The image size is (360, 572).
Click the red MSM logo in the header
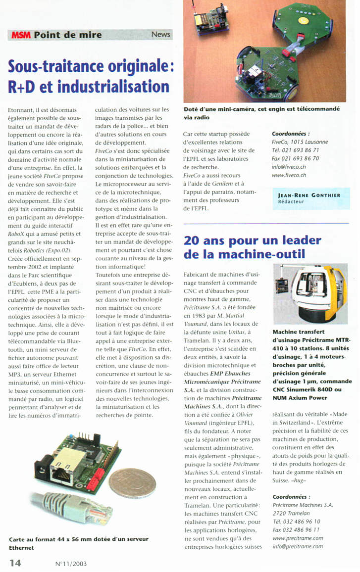(x=20, y=35)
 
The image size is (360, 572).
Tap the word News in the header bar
(x=161, y=34)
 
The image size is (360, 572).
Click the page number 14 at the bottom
(x=15, y=563)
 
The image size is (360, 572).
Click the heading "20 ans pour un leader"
(x=252, y=241)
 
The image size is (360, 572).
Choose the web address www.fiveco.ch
(x=289, y=175)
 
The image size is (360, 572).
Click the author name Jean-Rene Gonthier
(x=309, y=195)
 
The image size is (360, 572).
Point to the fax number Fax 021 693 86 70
(x=295, y=158)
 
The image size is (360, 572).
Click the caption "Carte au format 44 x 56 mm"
(x=79, y=539)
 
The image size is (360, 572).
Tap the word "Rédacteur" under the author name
(x=291, y=202)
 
